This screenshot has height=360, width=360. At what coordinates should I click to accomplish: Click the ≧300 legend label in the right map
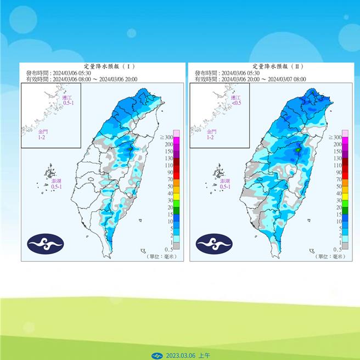click(x=333, y=137)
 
